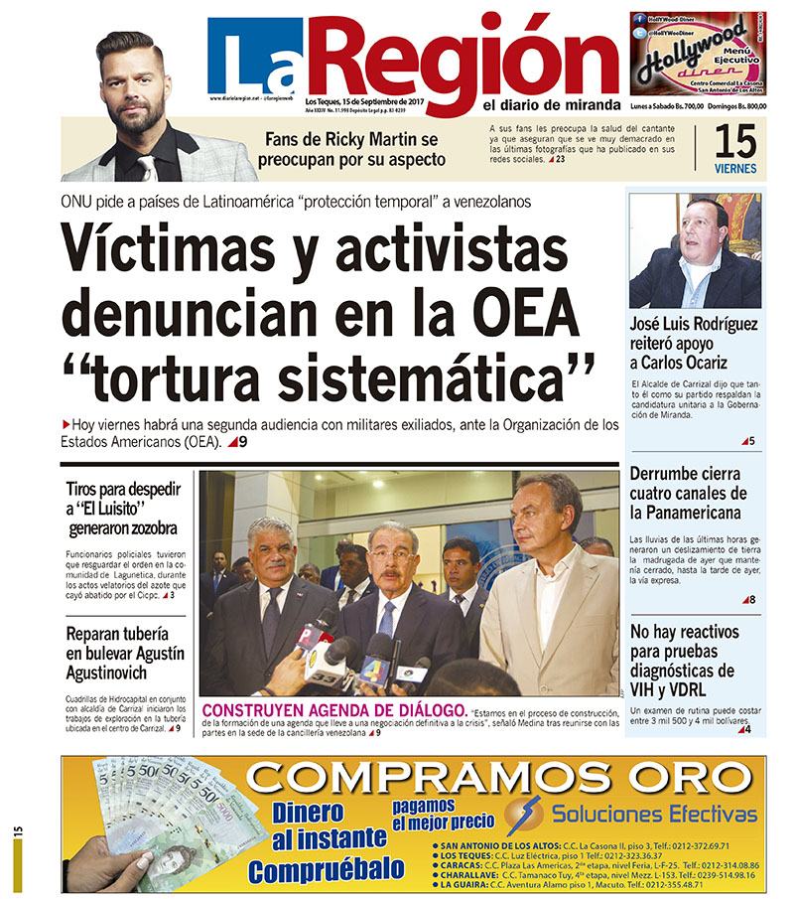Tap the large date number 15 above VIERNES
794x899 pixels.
(735, 142)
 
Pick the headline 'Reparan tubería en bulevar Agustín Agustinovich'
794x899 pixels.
(124, 654)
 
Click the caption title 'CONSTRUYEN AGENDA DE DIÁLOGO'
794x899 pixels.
(332, 710)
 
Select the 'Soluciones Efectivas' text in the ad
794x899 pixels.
(654, 815)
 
